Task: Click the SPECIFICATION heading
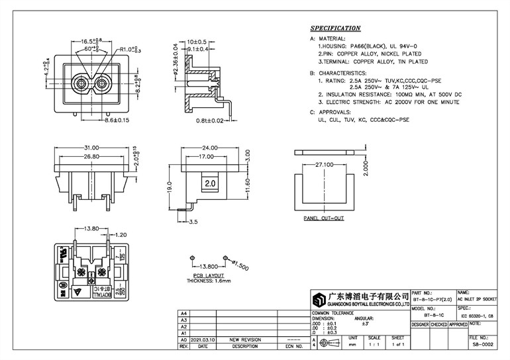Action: coord(335,29)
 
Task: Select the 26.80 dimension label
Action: coord(91,157)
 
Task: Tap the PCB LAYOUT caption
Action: coord(209,275)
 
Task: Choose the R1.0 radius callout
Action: coord(130,50)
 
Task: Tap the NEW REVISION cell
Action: coord(244,339)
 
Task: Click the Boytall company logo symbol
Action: coord(321,299)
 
